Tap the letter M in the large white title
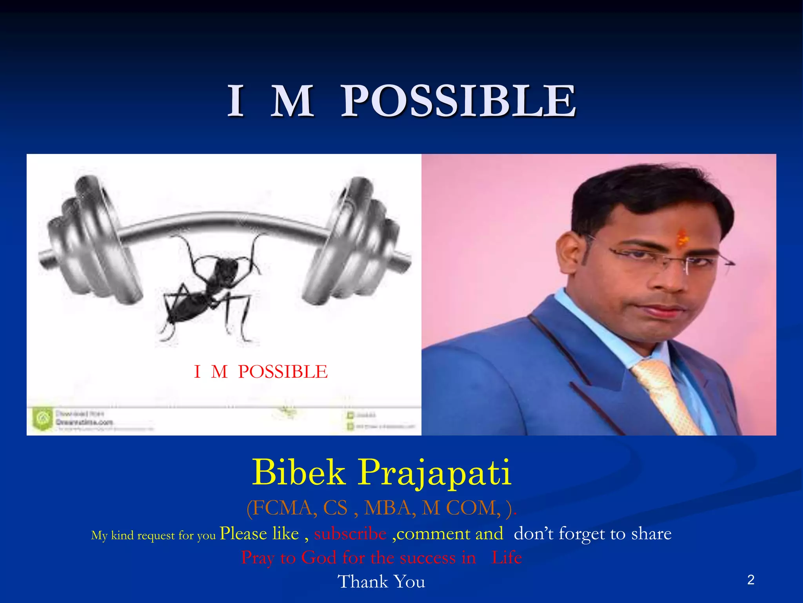292,101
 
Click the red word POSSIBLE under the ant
283,371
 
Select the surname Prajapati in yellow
434,473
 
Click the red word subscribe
350,534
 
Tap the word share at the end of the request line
651,534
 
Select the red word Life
506,558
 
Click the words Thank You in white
381,581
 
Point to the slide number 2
750,580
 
